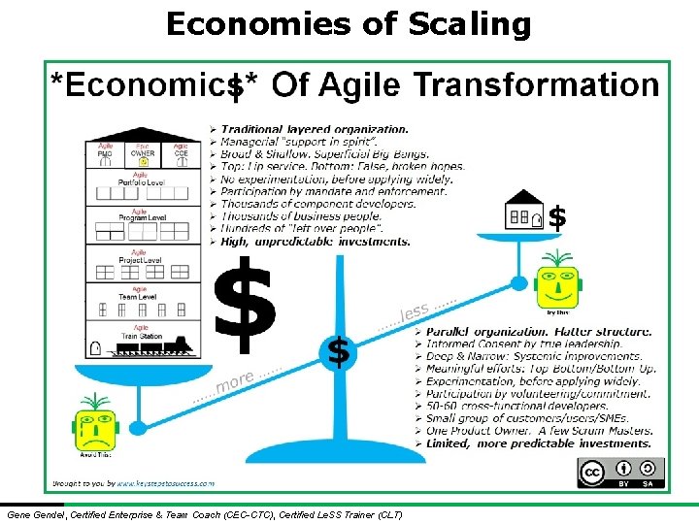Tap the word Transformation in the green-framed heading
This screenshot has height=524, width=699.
(x=536, y=85)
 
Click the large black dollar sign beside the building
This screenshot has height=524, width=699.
(x=245, y=303)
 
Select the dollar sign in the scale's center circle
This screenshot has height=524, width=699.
(x=338, y=352)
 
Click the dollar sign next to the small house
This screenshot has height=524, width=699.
(x=557, y=217)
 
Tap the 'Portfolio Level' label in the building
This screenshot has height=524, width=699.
(x=141, y=181)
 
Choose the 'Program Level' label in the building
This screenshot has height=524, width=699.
(x=141, y=216)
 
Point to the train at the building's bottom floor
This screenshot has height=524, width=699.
(x=155, y=347)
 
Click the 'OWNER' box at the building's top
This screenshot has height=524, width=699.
(x=142, y=152)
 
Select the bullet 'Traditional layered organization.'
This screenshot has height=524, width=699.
(x=315, y=128)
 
